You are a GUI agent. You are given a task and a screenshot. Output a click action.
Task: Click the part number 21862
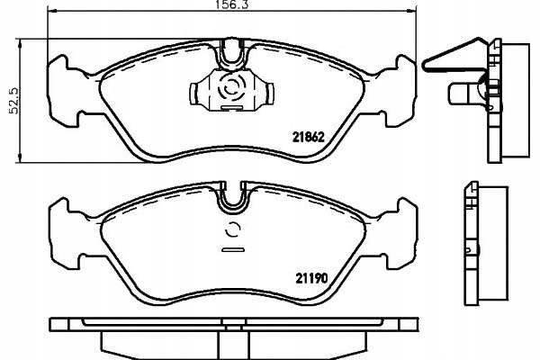(x=309, y=138)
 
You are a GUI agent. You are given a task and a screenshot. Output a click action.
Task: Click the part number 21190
(x=311, y=278)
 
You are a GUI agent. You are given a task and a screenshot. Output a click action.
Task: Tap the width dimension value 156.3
(x=232, y=4)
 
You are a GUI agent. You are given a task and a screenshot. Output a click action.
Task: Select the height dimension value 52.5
(x=14, y=100)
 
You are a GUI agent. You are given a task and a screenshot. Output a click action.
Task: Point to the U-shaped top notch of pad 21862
(x=232, y=55)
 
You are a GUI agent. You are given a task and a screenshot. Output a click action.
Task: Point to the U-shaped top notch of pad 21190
(x=233, y=197)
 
